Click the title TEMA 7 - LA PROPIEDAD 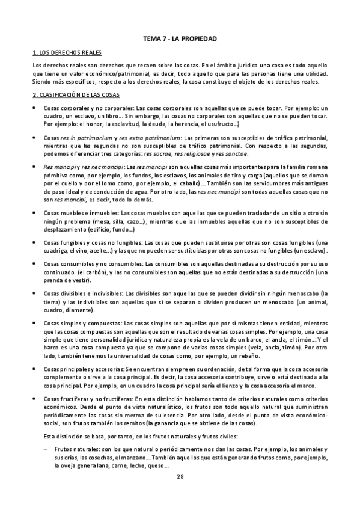(180, 39)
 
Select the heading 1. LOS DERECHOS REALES (61, 53)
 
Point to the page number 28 (180, 494)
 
